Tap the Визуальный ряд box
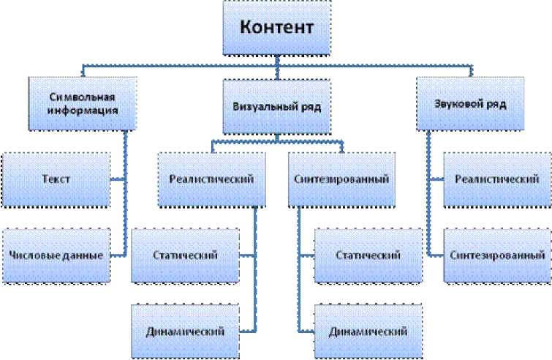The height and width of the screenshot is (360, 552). tap(276, 106)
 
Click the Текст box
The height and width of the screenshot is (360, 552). tap(56, 179)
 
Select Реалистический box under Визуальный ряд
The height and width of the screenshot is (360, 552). tap(211, 179)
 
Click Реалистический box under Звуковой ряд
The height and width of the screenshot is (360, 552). tap(491, 179)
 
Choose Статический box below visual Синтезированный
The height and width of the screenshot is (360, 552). tap(368, 255)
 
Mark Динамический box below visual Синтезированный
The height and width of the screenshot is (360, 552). tap(368, 331)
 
